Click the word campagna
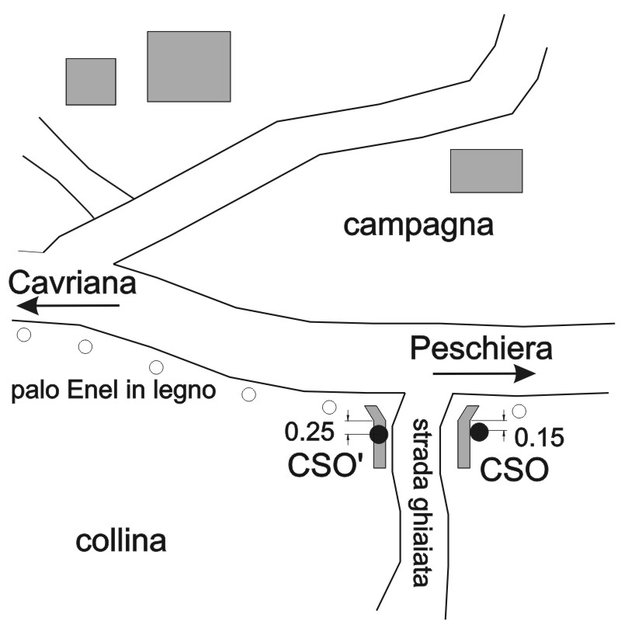click(x=418, y=226)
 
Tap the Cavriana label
click(x=72, y=283)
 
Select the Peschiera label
click(x=481, y=349)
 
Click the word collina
click(x=121, y=541)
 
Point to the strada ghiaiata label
click(x=420, y=502)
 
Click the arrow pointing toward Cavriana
click(x=68, y=305)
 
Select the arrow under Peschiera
click(x=484, y=373)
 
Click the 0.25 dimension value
click(x=310, y=432)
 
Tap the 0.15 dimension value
click(x=540, y=437)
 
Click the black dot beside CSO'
click(x=378, y=435)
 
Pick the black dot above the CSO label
click(x=479, y=432)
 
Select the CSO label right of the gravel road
click(x=514, y=469)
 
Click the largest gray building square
click(x=189, y=66)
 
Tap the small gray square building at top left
click(x=91, y=82)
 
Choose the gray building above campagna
click(x=487, y=171)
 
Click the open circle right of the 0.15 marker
click(x=519, y=411)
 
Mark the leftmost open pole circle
click(x=24, y=335)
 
